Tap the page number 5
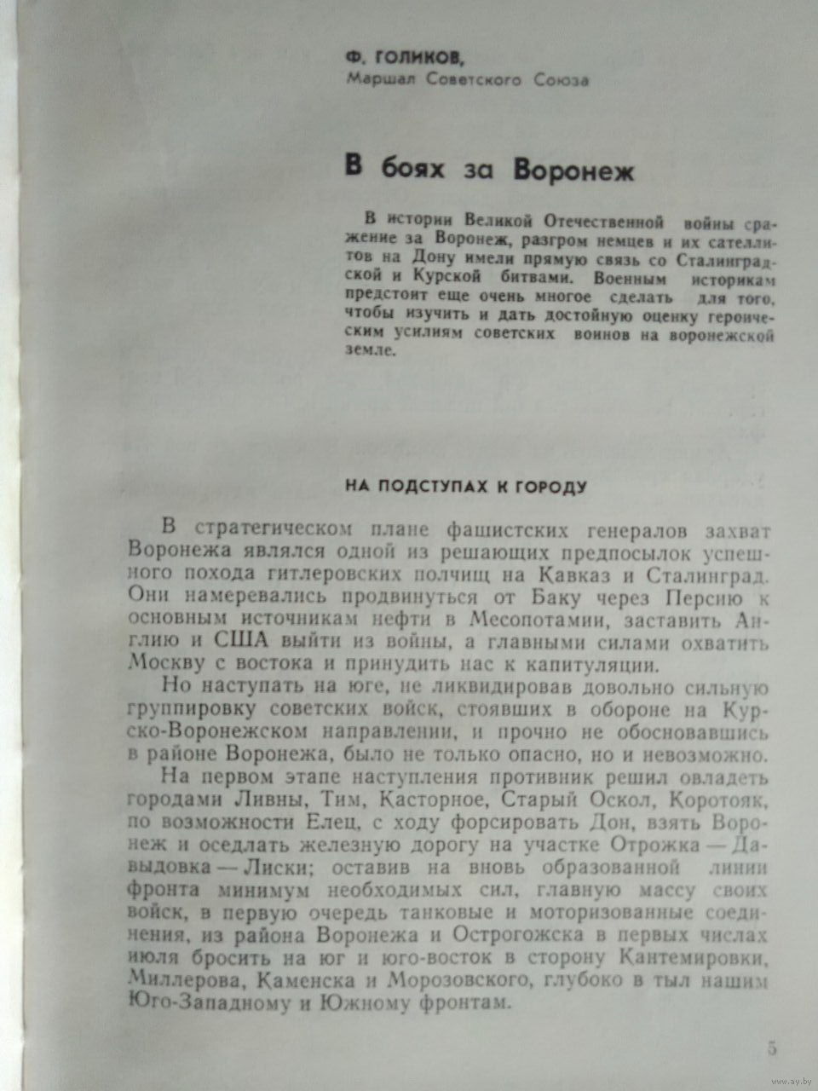coord(772,1048)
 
